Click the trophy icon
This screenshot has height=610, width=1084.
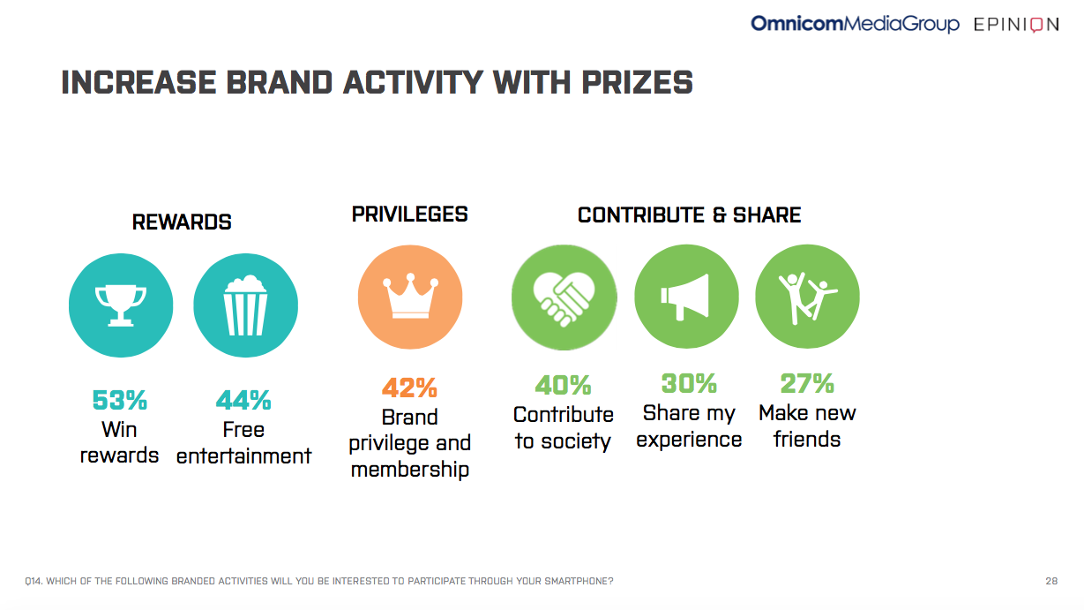[x=121, y=305]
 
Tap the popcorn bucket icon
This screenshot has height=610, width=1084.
[x=245, y=305]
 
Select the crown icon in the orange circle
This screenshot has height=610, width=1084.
[x=410, y=296]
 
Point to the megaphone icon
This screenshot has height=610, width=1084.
[x=685, y=297]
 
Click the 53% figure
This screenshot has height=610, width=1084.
[x=120, y=400]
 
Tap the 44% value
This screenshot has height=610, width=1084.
[x=243, y=400]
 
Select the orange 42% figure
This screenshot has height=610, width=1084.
[x=409, y=388]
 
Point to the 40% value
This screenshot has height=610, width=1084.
[x=563, y=385]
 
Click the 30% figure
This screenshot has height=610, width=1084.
[x=689, y=383]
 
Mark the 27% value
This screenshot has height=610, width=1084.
[x=807, y=383]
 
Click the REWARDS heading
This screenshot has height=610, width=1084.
[x=182, y=222]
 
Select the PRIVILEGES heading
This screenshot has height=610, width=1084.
[x=410, y=215]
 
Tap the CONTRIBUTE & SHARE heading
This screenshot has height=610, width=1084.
[x=690, y=215]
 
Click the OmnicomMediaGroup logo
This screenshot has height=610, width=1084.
[x=855, y=24]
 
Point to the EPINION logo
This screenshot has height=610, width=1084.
[x=1016, y=24]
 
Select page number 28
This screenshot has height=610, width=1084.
[x=1051, y=581]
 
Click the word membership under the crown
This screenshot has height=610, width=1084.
[x=410, y=470]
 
